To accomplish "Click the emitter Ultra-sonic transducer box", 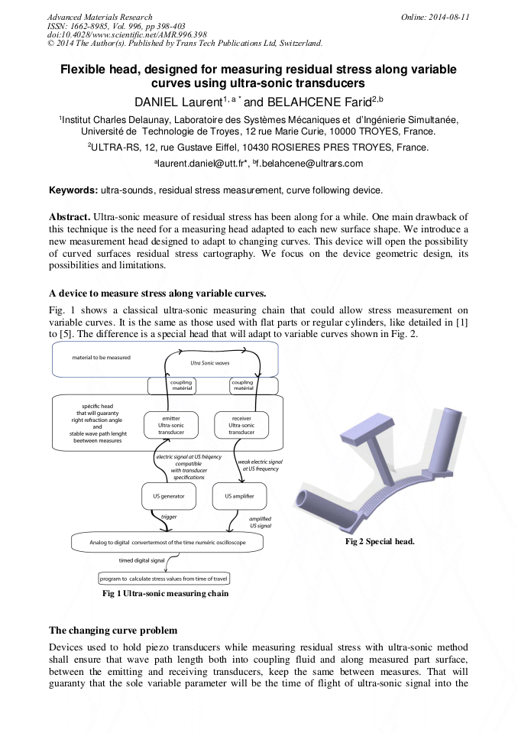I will click(171, 426).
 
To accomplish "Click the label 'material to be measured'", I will click(102, 358).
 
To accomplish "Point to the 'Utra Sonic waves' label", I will click(210, 363).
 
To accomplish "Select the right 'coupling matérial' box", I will click(242, 386).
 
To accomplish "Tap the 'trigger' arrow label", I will click(169, 517).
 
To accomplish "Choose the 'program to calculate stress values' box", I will click(164, 579).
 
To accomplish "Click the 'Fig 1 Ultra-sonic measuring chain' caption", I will click(165, 593).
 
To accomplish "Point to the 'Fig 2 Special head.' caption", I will click(380, 541).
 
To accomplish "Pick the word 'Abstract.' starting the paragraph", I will click(70, 218).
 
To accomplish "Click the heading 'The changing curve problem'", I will click(113, 631).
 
